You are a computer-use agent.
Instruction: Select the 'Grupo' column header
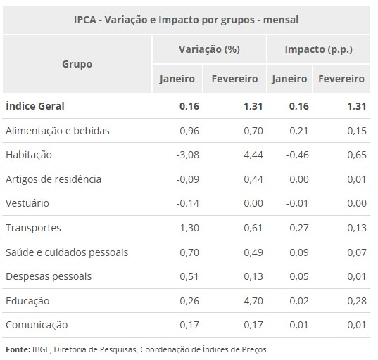click(77, 63)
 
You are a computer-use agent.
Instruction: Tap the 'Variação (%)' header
click(209, 50)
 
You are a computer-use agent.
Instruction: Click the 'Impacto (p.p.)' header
click(318, 50)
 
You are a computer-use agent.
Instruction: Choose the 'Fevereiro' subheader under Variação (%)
click(234, 79)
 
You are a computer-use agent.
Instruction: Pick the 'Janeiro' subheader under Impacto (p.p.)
click(289, 79)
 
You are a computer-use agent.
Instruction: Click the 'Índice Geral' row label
click(34, 106)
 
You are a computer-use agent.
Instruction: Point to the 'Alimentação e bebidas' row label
click(57, 131)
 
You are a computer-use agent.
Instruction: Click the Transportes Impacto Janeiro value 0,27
click(298, 228)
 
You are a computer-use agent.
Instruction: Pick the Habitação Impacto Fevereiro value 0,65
click(356, 155)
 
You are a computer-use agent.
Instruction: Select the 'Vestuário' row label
click(27, 203)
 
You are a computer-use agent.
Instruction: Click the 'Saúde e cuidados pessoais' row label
click(66, 252)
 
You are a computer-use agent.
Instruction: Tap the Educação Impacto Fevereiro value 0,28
click(356, 301)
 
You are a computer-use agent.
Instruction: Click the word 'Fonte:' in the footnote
click(18, 349)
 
